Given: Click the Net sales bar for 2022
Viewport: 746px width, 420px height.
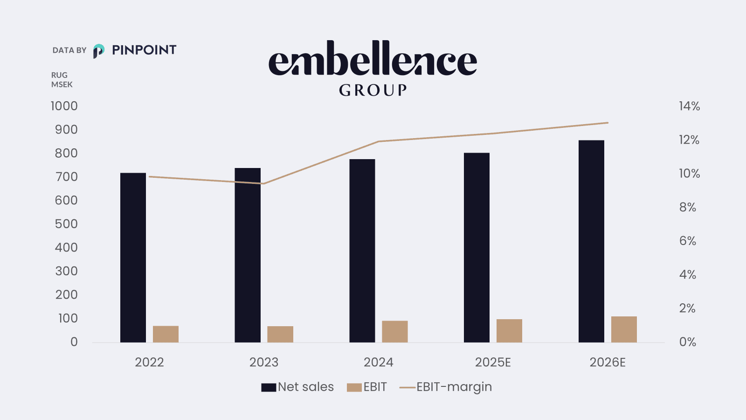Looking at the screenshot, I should (x=133, y=258).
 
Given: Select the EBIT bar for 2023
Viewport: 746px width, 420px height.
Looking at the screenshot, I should (x=280, y=334).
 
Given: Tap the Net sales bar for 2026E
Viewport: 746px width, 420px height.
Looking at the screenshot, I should (x=591, y=241).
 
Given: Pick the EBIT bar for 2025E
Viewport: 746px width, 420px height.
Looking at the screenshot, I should (x=509, y=331).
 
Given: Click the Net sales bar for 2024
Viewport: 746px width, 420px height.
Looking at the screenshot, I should (x=362, y=251).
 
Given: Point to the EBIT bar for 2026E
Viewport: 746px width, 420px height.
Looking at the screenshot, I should (x=624, y=329).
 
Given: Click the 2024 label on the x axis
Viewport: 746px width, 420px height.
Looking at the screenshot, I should (x=378, y=362).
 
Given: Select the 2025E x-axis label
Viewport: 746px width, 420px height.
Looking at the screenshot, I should (x=493, y=362).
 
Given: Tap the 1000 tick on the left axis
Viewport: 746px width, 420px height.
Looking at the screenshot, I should (x=64, y=106).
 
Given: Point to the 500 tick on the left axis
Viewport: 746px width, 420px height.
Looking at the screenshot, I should (x=66, y=224).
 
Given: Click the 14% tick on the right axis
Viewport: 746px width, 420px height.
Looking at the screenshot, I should (x=689, y=106).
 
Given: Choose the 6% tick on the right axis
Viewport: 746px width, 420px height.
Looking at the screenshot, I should (x=687, y=241).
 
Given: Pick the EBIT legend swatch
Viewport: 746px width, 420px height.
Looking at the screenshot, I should (x=354, y=387).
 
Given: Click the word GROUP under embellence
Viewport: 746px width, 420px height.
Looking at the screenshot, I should (x=373, y=90).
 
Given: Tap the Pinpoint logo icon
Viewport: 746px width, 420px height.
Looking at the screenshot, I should (x=98, y=50).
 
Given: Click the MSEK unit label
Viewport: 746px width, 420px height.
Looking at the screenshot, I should (x=62, y=84).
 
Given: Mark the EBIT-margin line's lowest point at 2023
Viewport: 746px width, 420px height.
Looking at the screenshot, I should (x=263, y=183).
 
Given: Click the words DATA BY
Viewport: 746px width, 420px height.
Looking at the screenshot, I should (x=69, y=50).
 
